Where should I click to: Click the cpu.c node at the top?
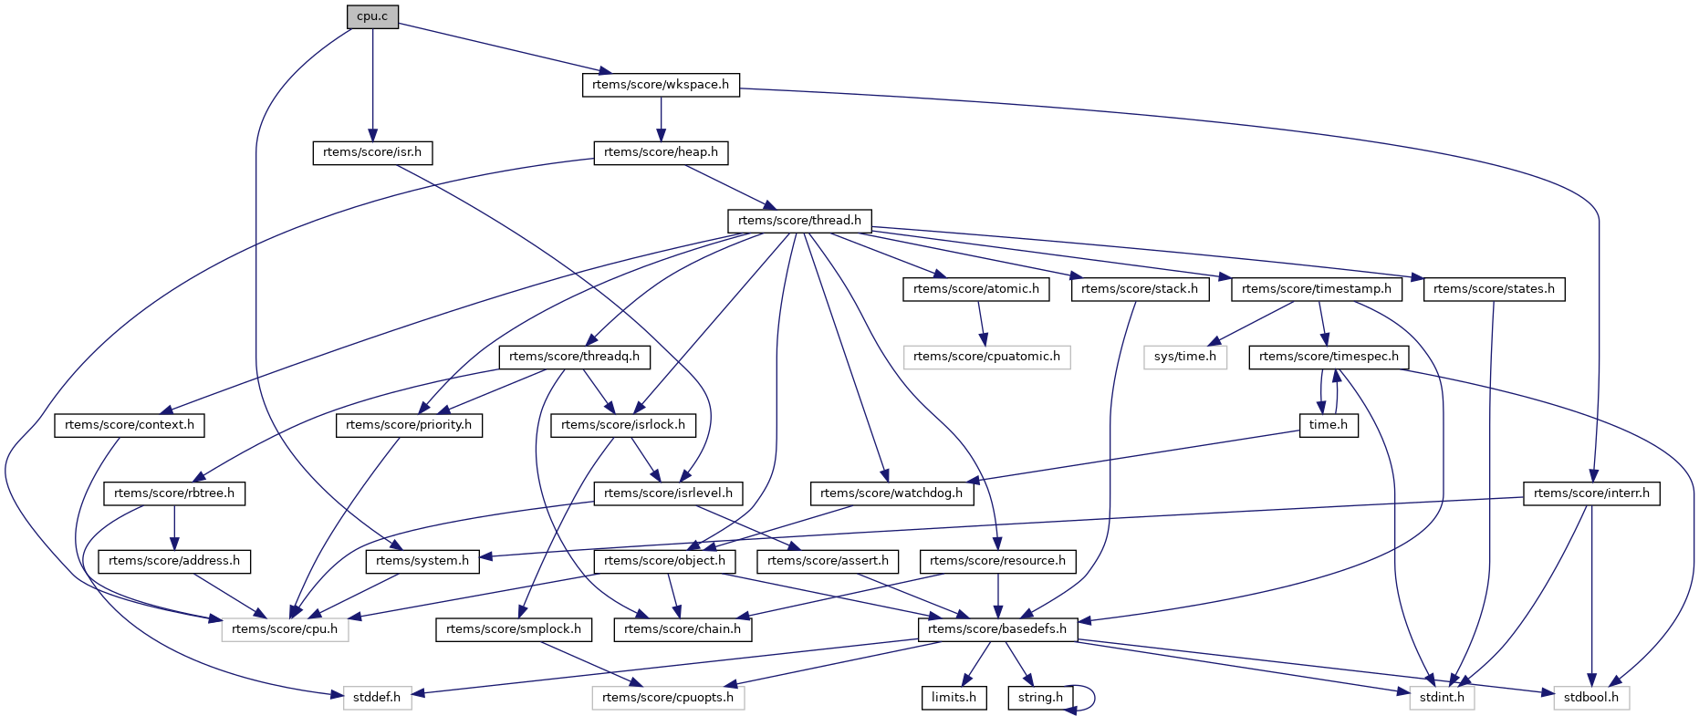coord(372,16)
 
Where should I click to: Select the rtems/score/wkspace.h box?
coord(661,85)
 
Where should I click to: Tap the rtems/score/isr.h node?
coord(372,152)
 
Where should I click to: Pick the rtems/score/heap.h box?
coord(661,152)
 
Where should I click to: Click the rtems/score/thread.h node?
coord(799,221)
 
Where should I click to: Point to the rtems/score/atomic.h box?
coord(976,289)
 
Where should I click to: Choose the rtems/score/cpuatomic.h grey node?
coord(986,357)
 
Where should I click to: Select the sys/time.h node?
coord(1184,357)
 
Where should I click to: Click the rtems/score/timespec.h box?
coord(1329,357)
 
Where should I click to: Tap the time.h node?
coord(1329,425)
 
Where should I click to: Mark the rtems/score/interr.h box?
coord(1591,493)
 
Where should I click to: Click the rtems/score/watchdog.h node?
coord(891,493)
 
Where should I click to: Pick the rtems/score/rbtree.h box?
coord(174,493)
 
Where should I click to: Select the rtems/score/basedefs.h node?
coord(997,629)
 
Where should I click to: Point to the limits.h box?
coord(954,698)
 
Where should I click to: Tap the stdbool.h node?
coord(1591,698)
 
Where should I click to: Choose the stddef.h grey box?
coord(377,698)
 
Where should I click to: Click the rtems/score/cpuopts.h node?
coord(668,698)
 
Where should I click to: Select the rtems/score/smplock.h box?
coord(514,629)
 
